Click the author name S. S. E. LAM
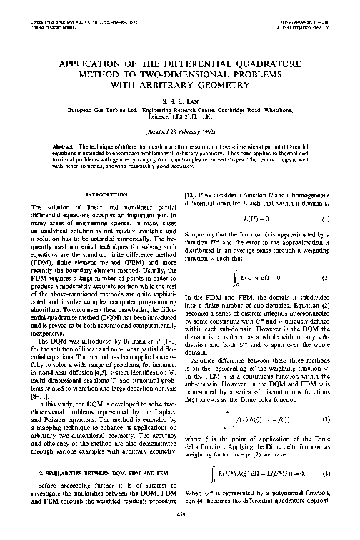(180, 101)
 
